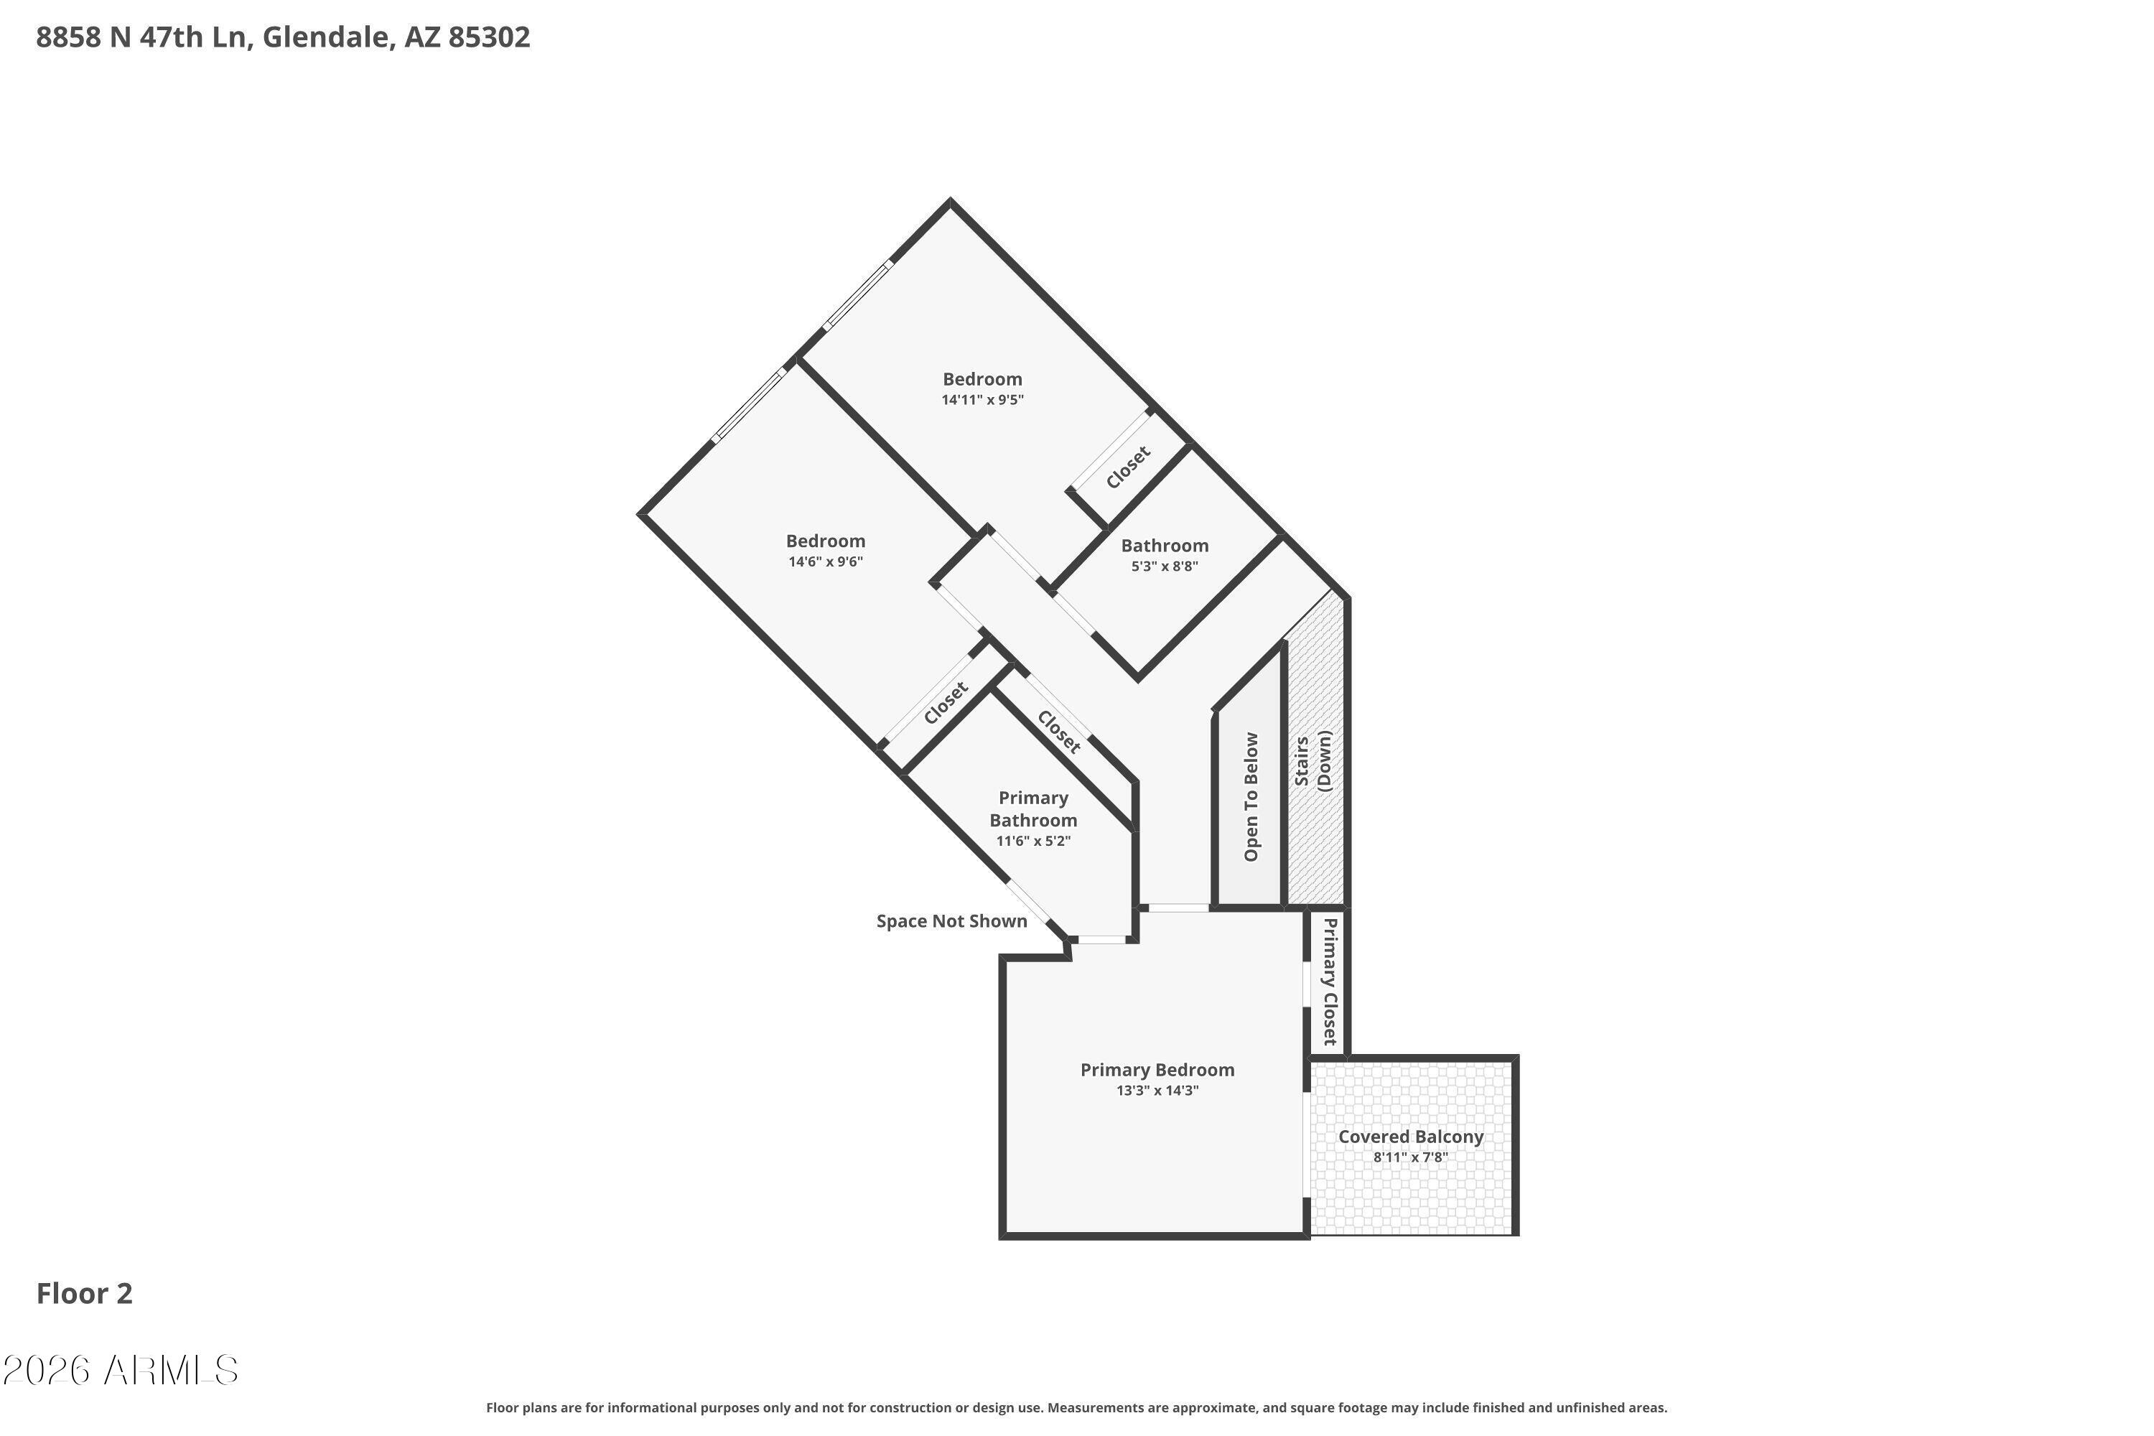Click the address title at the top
pyautogui.click(x=283, y=37)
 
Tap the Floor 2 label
pyautogui.click(x=84, y=1293)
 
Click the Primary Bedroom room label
pyautogui.click(x=1157, y=1070)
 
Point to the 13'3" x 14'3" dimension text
pyautogui.click(x=1157, y=1091)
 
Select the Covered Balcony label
pyautogui.click(x=1410, y=1137)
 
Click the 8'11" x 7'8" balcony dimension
pyautogui.click(x=1410, y=1157)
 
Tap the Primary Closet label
pyautogui.click(x=1330, y=981)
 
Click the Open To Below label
pyautogui.click(x=1251, y=797)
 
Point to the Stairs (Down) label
pyautogui.click(x=1313, y=761)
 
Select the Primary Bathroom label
pyautogui.click(x=1033, y=808)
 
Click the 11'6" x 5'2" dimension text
pyautogui.click(x=1033, y=841)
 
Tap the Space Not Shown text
pyautogui.click(x=951, y=921)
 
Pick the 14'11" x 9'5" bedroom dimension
pyautogui.click(x=983, y=400)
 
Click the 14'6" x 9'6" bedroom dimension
pyautogui.click(x=826, y=562)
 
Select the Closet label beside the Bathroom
pyautogui.click(x=1128, y=467)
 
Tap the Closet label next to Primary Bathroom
pyautogui.click(x=1060, y=732)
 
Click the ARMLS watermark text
pyautogui.click(x=120, y=1371)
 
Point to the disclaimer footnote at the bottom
pyautogui.click(x=1076, y=1407)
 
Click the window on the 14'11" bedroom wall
pyautogui.click(x=857, y=296)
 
